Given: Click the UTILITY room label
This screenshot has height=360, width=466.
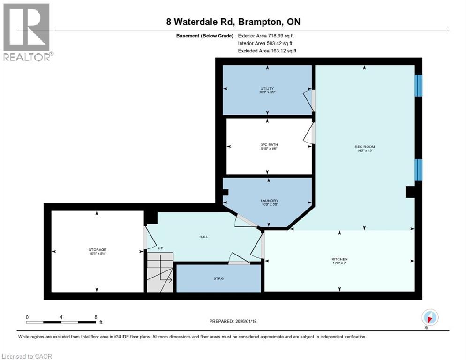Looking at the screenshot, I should (267, 89).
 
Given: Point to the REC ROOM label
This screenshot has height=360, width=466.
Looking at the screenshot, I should (364, 147).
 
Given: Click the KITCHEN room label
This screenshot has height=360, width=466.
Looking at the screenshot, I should (339, 259).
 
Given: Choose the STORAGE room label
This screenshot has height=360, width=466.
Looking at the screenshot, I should (97, 250).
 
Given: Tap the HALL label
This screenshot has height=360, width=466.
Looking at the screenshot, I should (203, 237).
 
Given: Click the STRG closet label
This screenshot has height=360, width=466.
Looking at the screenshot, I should (218, 278).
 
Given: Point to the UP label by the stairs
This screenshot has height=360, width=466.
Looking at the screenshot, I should (160, 248).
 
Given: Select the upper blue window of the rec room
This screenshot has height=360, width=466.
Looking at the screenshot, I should (419, 85).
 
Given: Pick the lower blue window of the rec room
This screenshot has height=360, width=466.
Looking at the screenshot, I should (419, 170).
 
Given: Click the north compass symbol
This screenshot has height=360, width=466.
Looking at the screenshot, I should (429, 317).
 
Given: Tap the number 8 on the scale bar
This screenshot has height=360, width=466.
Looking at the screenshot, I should (96, 317).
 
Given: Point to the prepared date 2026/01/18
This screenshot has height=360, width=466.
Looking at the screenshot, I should (233, 321).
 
